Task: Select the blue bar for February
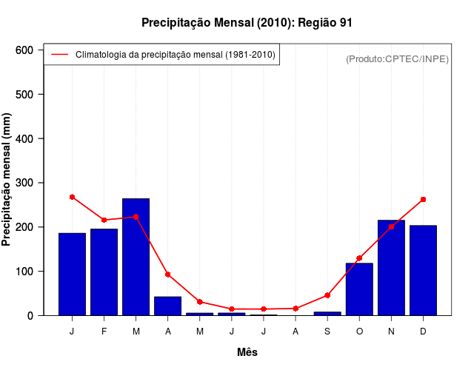click(x=104, y=272)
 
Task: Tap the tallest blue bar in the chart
click(x=136, y=257)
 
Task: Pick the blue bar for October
click(x=359, y=289)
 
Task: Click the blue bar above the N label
click(x=391, y=267)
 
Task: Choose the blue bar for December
click(x=423, y=270)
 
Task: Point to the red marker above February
click(x=104, y=220)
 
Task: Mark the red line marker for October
click(x=359, y=258)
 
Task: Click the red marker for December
click(x=423, y=200)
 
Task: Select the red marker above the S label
click(x=327, y=295)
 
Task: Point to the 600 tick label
click(x=24, y=50)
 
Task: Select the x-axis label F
click(x=104, y=332)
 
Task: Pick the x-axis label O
click(x=359, y=332)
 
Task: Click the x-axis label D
click(x=423, y=332)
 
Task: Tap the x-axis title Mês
click(x=247, y=352)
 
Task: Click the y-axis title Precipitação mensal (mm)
click(x=7, y=179)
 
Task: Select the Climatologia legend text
click(x=176, y=55)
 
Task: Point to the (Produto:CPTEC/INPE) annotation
click(x=398, y=59)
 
